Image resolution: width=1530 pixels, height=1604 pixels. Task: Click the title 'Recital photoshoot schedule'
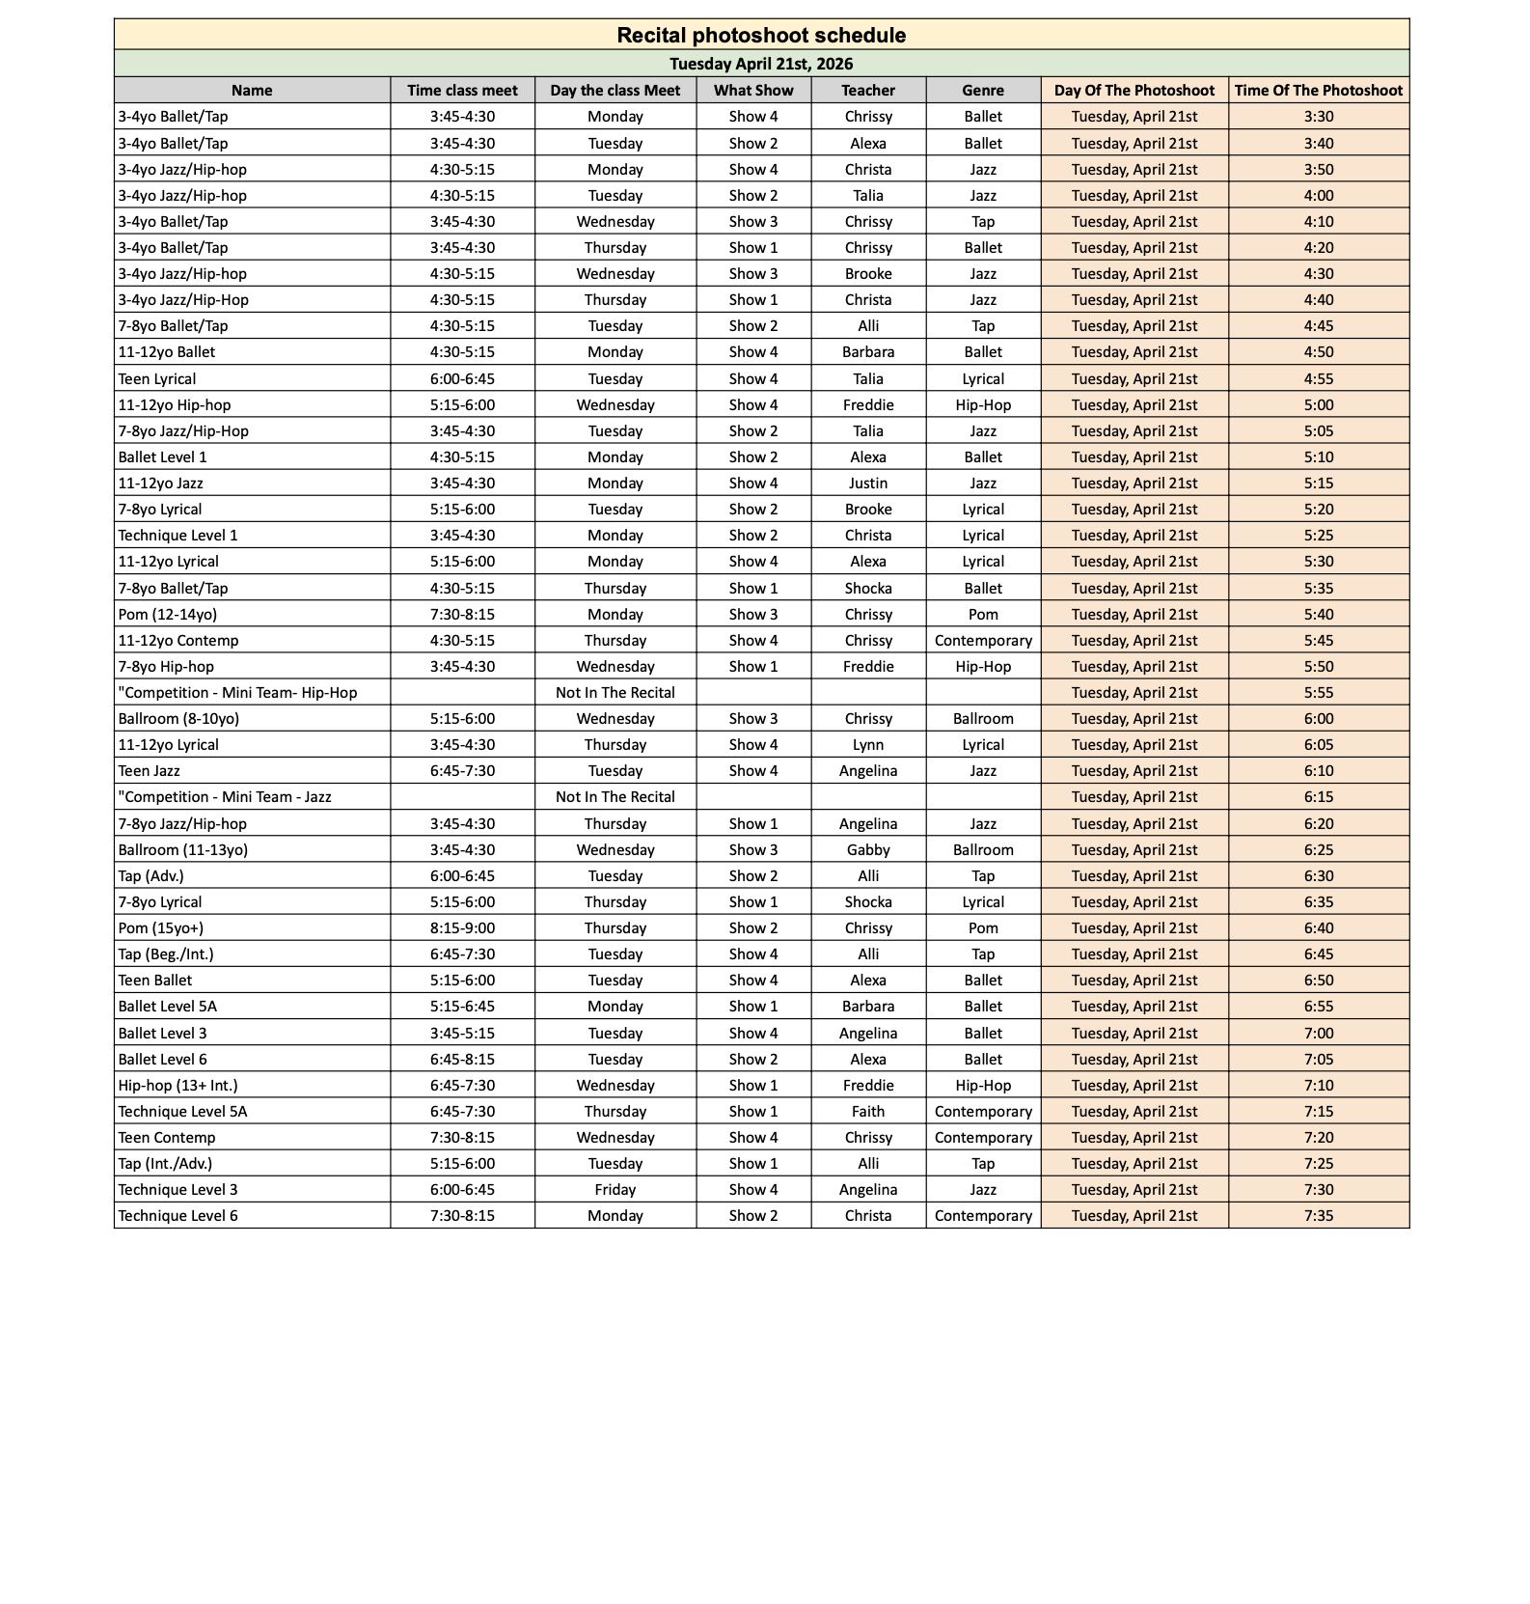click(761, 36)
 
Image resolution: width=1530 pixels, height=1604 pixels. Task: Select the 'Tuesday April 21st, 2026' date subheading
click(761, 64)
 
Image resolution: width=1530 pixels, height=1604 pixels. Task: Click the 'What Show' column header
click(753, 91)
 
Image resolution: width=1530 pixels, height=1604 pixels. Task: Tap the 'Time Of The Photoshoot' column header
click(1318, 91)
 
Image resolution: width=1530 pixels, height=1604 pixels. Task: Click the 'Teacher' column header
click(868, 91)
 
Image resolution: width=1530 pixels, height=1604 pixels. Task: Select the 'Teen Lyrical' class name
click(157, 379)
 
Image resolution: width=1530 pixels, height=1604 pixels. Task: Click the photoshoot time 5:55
click(1318, 693)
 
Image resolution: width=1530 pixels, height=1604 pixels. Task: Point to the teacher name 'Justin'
click(868, 484)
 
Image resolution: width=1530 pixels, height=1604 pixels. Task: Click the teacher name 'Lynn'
click(868, 745)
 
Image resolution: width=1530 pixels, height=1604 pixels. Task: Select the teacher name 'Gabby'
click(868, 850)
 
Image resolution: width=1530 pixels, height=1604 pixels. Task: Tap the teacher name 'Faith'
click(868, 1112)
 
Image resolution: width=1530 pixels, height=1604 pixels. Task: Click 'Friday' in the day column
click(615, 1190)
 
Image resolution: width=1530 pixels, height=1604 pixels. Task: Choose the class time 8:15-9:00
click(462, 928)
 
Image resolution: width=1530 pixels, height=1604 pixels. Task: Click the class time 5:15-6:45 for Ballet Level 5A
click(462, 1007)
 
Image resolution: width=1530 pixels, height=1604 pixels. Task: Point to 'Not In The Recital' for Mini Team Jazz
click(615, 797)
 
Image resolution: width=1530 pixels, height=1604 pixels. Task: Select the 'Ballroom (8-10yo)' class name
click(178, 719)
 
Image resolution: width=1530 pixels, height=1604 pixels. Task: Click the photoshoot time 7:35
click(1318, 1216)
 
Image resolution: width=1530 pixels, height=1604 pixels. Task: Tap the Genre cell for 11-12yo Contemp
click(983, 641)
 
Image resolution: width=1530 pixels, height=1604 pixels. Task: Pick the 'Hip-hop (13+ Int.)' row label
click(178, 1086)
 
